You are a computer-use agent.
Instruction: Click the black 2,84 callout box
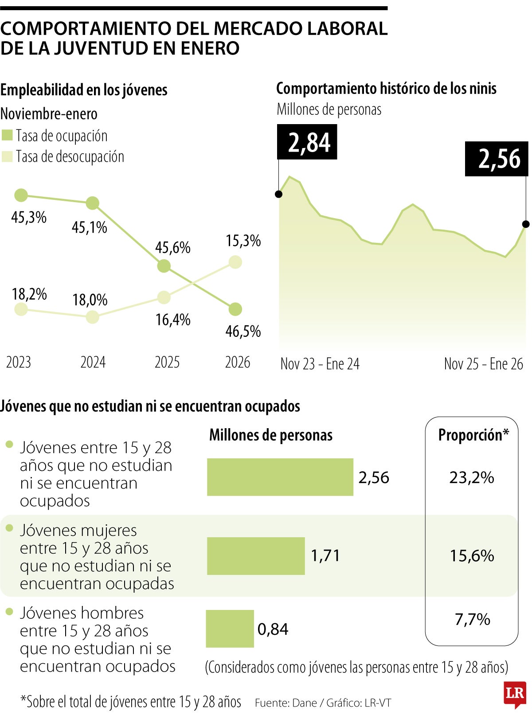point(307,142)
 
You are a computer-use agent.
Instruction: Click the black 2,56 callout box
point(497,159)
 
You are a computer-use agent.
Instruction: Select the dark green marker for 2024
point(92,203)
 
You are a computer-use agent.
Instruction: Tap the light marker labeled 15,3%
point(235,262)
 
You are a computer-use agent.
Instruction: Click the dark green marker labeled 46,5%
point(235,309)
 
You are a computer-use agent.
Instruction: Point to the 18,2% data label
point(29,294)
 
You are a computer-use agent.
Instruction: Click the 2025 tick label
point(167,363)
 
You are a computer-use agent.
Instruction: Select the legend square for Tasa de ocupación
point(7,136)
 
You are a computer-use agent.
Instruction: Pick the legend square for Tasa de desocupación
point(7,156)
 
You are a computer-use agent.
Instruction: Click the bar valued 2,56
point(280,477)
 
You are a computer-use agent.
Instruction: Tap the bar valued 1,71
point(256,556)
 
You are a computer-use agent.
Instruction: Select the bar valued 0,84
point(230,629)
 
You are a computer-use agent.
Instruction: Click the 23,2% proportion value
point(472,477)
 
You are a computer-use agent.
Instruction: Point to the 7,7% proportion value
point(472,619)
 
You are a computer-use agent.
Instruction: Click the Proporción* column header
point(473,435)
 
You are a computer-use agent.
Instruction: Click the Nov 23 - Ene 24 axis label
point(320,364)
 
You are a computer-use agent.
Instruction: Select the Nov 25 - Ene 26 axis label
point(483,364)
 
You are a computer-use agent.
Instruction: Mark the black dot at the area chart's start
point(279,194)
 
